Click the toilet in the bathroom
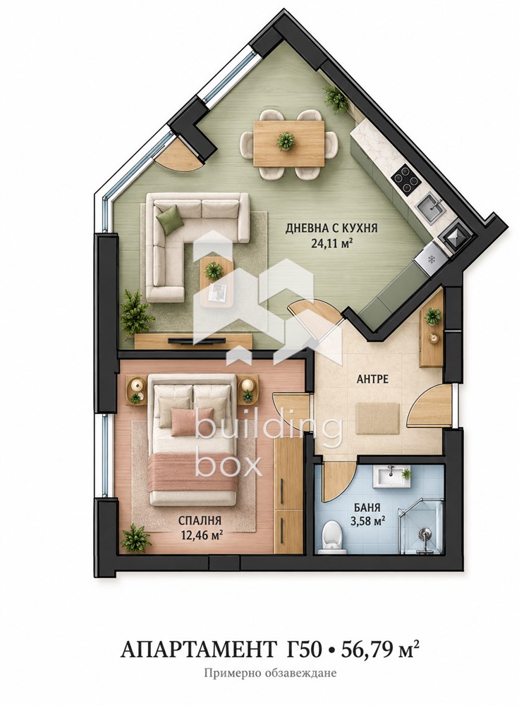point(331,538)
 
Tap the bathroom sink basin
point(391,476)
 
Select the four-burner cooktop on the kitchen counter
point(407,181)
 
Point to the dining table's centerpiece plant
point(286,141)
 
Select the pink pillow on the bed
point(192,421)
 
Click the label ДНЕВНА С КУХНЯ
point(331,228)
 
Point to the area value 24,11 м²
point(331,243)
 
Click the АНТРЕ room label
point(372,379)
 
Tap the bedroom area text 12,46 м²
point(200,535)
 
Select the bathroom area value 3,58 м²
point(367,522)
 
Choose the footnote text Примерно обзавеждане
point(270,673)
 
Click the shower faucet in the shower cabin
point(423,534)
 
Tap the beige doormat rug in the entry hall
point(378,418)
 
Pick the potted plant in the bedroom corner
point(135,537)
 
